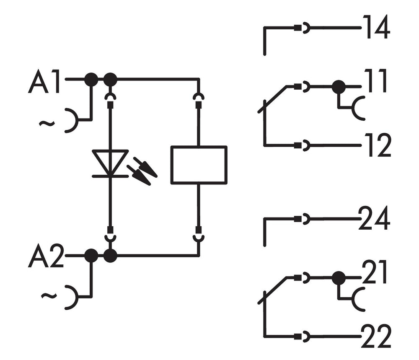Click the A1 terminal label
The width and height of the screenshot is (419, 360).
point(44,83)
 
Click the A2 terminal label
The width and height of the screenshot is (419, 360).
point(45,258)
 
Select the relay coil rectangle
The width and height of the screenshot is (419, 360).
point(199,165)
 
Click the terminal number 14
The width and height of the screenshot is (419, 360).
point(376,28)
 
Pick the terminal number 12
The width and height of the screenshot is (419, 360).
point(377,145)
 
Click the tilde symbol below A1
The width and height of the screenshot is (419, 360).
point(47,123)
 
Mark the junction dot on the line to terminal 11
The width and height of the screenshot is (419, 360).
point(339,87)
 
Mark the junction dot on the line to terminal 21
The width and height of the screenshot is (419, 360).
point(339,277)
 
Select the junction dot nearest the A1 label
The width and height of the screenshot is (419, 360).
point(91,79)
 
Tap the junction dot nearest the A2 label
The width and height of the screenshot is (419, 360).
point(91,255)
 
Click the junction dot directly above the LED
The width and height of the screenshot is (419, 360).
point(110,79)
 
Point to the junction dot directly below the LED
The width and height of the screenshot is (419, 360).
point(110,255)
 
